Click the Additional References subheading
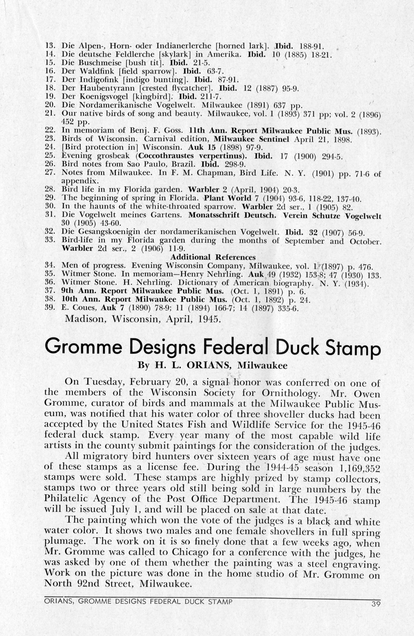click(213, 257)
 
